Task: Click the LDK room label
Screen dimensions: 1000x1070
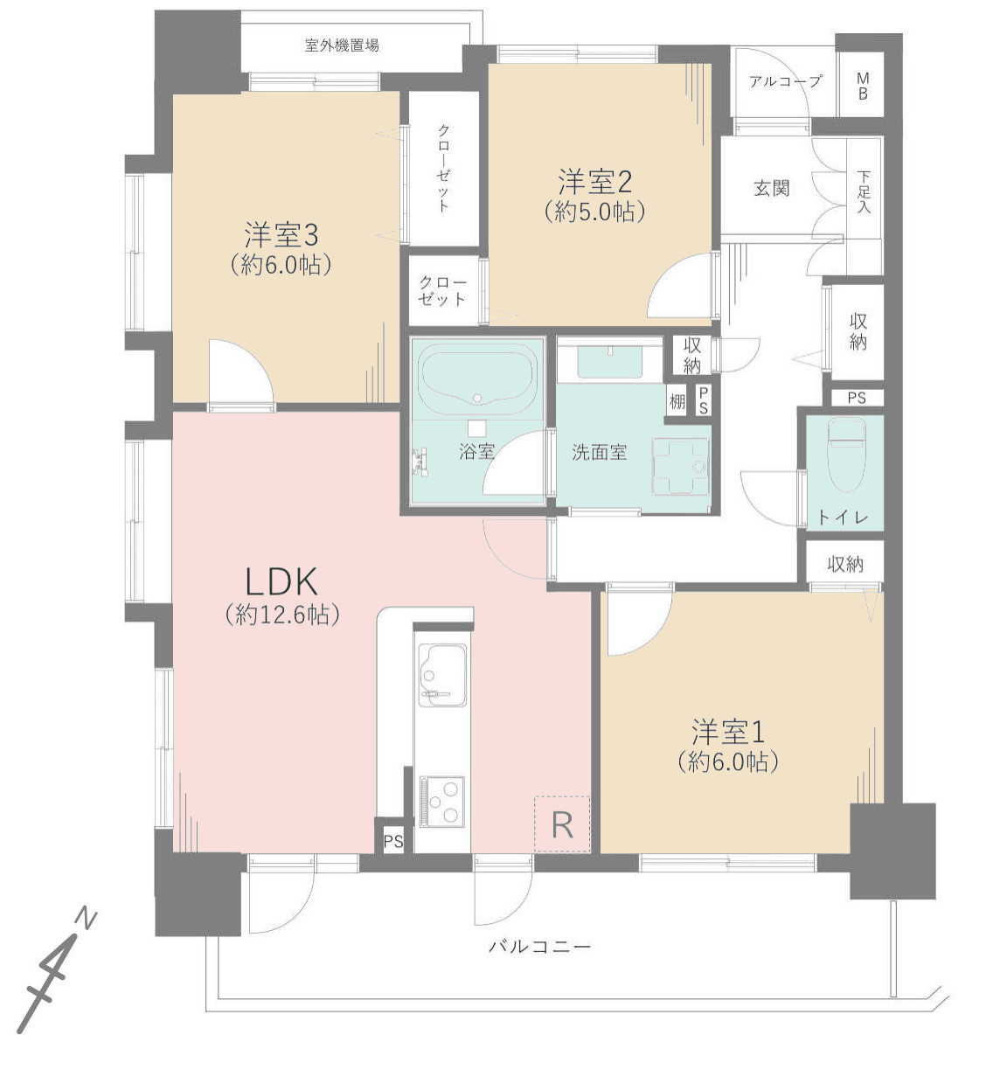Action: [281, 582]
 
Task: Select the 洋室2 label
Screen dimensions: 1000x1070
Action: [594, 182]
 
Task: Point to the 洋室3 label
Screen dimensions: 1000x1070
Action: [281, 235]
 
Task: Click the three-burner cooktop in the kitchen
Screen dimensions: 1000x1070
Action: [441, 801]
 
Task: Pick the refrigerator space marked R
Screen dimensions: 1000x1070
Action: [562, 824]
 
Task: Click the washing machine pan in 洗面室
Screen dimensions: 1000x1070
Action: [680, 467]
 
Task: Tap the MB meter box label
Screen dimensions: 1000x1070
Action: [862, 87]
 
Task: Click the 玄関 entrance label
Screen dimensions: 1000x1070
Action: [772, 188]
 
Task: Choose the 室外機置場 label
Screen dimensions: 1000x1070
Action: [342, 45]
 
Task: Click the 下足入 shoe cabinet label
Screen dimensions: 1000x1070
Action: [864, 191]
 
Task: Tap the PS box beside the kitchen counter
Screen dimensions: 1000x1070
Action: [393, 842]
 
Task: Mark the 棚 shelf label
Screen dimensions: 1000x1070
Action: [677, 401]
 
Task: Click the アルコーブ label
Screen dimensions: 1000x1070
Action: [786, 81]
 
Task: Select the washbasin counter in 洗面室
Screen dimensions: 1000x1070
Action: [610, 360]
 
